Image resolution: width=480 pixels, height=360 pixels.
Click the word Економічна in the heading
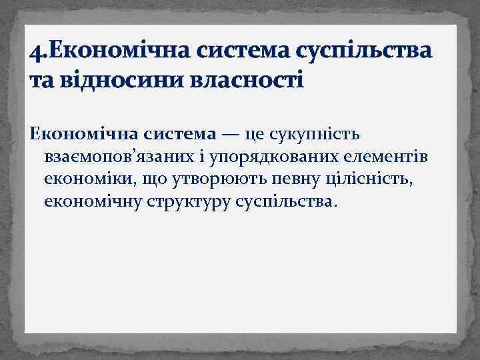115,50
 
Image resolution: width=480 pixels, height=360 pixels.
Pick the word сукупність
315,136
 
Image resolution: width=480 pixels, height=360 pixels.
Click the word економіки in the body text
85,180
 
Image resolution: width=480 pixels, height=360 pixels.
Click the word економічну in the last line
91,202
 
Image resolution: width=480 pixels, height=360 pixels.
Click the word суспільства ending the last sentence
288,202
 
